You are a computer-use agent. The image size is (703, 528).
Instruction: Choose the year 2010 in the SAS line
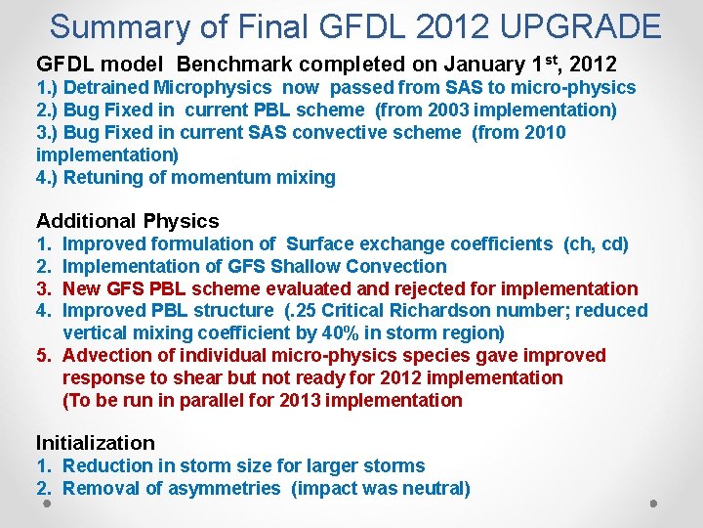pos(544,133)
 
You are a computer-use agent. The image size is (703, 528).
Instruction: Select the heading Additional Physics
pos(128,221)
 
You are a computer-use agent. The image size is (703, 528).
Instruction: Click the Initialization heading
pos(96,443)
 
